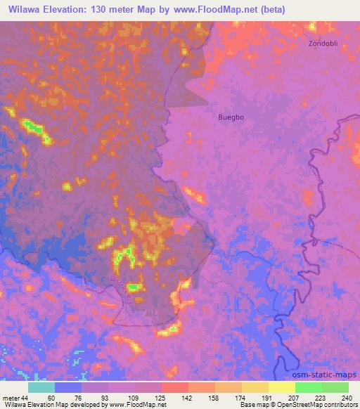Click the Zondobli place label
tap(323, 43)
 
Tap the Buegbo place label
tap(231, 117)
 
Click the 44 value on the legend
tap(25, 398)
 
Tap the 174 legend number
tap(229, 398)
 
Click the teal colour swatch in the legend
tap(41, 387)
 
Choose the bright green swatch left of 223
tap(309, 387)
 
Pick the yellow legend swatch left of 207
tap(282, 387)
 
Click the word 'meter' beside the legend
tap(11, 398)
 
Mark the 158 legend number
tap(202, 398)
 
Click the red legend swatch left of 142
tap(175, 387)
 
